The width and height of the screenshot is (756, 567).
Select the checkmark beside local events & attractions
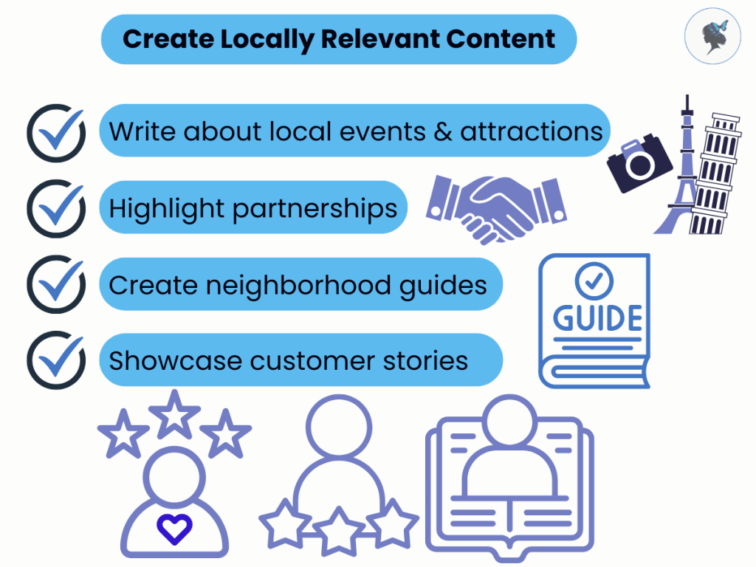tap(55, 131)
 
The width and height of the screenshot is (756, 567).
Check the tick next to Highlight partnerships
tap(55, 208)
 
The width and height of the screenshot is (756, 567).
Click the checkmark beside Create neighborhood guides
tap(55, 284)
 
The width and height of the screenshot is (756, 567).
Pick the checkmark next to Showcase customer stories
tap(55, 360)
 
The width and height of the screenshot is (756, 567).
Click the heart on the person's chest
tap(174, 529)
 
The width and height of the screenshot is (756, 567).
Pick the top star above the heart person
tap(174, 413)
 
